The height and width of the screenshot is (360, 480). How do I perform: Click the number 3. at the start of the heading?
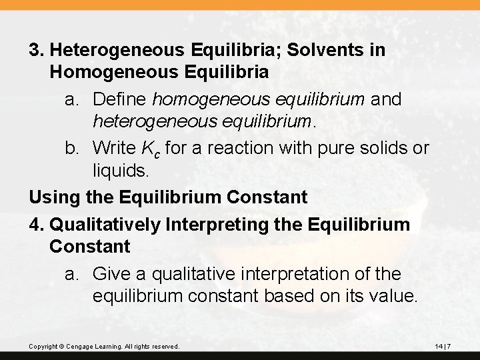click(37, 50)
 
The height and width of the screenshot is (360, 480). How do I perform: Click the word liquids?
click(119, 171)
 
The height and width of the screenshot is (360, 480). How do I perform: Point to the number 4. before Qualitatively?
click(37, 224)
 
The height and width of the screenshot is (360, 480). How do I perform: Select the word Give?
click(111, 273)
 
